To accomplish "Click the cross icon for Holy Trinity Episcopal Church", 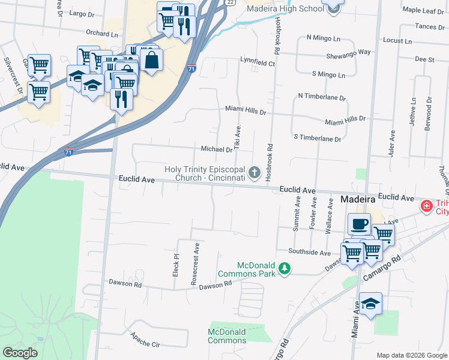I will [255, 174].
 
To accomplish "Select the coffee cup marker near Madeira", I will [360, 224].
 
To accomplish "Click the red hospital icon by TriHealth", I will [427, 206].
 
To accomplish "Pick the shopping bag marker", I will [152, 59].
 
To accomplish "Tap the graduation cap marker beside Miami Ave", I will [370, 304].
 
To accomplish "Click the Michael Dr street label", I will [217, 149].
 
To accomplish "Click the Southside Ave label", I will [309, 253].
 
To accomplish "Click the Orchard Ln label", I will [101, 34].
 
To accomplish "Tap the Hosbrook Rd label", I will [270, 162].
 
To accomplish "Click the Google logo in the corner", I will [20, 352].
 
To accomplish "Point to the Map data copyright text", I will [412, 355].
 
